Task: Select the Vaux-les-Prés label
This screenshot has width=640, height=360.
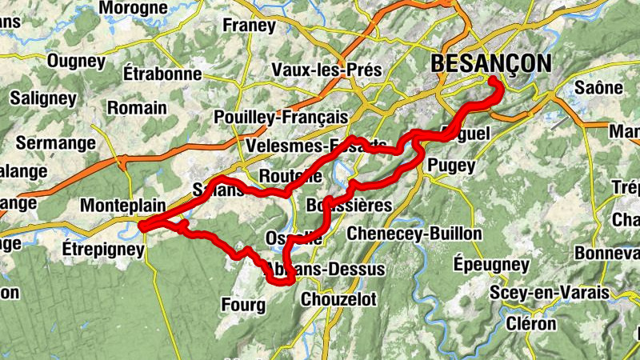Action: point(326,70)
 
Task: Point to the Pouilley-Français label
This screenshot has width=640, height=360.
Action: point(281,117)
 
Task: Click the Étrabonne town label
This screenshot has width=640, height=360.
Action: point(162,74)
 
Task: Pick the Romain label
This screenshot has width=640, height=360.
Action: point(137,107)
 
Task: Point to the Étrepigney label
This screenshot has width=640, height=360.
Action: point(102,250)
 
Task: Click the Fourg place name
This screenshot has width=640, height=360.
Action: point(240,304)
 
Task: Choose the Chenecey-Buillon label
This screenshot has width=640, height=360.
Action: point(414,234)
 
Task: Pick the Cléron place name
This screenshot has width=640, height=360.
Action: point(531,324)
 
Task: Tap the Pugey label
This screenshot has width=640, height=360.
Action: point(452,166)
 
